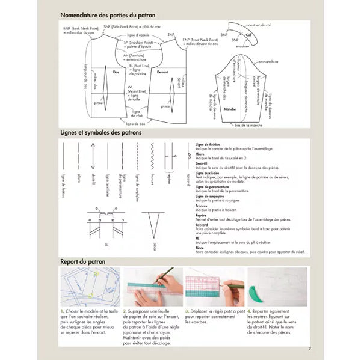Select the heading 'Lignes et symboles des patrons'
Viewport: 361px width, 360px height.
click(x=101, y=132)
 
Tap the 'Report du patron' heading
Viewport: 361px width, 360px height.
click(x=85, y=262)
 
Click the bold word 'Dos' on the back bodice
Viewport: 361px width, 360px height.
click(x=116, y=72)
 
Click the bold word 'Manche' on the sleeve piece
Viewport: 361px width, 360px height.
click(x=229, y=109)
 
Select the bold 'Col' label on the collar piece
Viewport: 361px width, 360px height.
click(x=248, y=35)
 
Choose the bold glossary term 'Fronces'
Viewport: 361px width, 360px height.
click(x=203, y=206)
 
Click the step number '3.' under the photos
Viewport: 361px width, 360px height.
click(x=187, y=310)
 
